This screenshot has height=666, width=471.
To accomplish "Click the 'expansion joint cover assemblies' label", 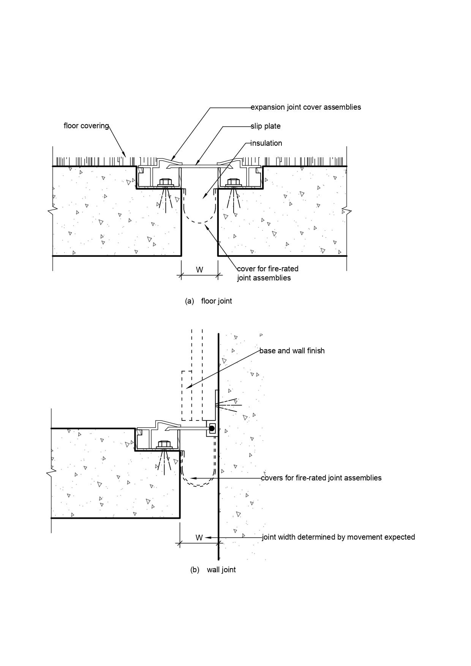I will click(x=305, y=107).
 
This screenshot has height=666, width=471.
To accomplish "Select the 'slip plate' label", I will click(x=265, y=126).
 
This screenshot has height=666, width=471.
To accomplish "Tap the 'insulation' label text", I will click(x=266, y=143).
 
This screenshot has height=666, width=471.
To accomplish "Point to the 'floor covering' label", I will click(x=86, y=126).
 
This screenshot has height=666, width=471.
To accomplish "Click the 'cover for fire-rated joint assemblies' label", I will click(x=267, y=273).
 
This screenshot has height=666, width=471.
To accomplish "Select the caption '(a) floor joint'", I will click(x=208, y=301).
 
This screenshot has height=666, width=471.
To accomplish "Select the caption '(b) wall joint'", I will click(x=213, y=570).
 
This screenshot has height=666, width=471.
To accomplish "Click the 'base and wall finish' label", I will click(x=292, y=351).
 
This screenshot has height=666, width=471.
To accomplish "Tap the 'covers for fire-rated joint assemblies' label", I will click(x=321, y=478).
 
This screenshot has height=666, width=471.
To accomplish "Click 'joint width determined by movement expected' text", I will click(x=338, y=537).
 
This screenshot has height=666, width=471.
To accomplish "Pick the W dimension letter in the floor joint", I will click(x=199, y=270).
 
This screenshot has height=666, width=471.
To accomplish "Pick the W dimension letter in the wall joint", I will click(x=199, y=538).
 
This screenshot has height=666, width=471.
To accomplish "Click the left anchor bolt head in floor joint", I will click(x=165, y=181).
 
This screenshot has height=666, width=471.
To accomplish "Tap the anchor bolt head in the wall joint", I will click(x=164, y=444).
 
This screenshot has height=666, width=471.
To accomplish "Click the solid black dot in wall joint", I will click(x=212, y=428).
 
